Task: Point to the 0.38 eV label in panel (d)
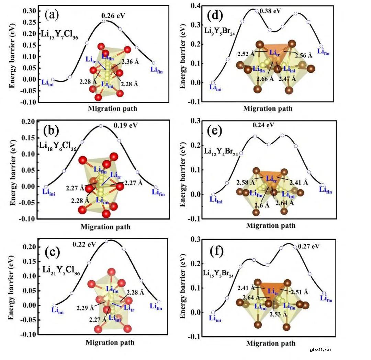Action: point(271,11)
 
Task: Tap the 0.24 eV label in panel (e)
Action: point(263,125)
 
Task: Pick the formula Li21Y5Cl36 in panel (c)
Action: point(61,270)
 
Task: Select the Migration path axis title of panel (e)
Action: point(270,226)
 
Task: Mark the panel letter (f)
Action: point(216,251)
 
